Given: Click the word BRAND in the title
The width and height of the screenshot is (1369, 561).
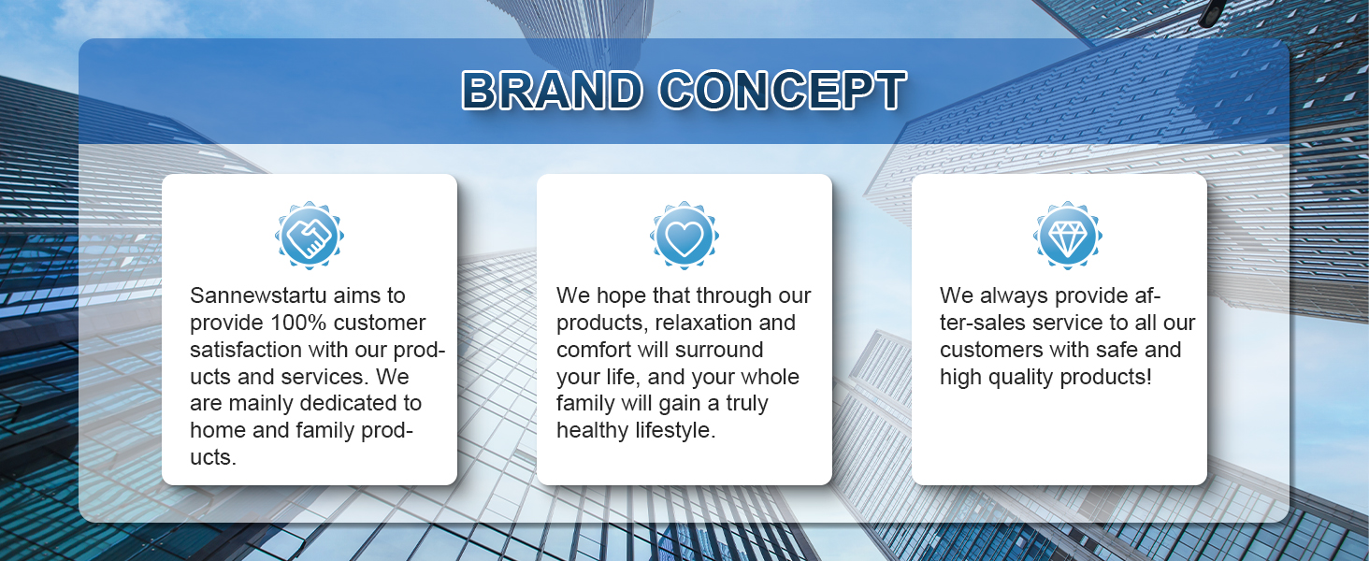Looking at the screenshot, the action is point(553,90).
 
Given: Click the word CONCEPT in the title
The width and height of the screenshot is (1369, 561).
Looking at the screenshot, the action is point(783,90).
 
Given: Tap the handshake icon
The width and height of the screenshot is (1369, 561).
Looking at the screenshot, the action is point(310,236).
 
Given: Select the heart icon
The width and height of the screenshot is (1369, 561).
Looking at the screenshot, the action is point(684,236).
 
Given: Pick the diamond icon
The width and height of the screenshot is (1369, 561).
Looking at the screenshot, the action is point(1068,236).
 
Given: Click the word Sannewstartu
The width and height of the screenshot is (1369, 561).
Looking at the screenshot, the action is point(258,295).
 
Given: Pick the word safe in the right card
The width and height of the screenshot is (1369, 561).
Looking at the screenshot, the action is point(1104,350).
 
